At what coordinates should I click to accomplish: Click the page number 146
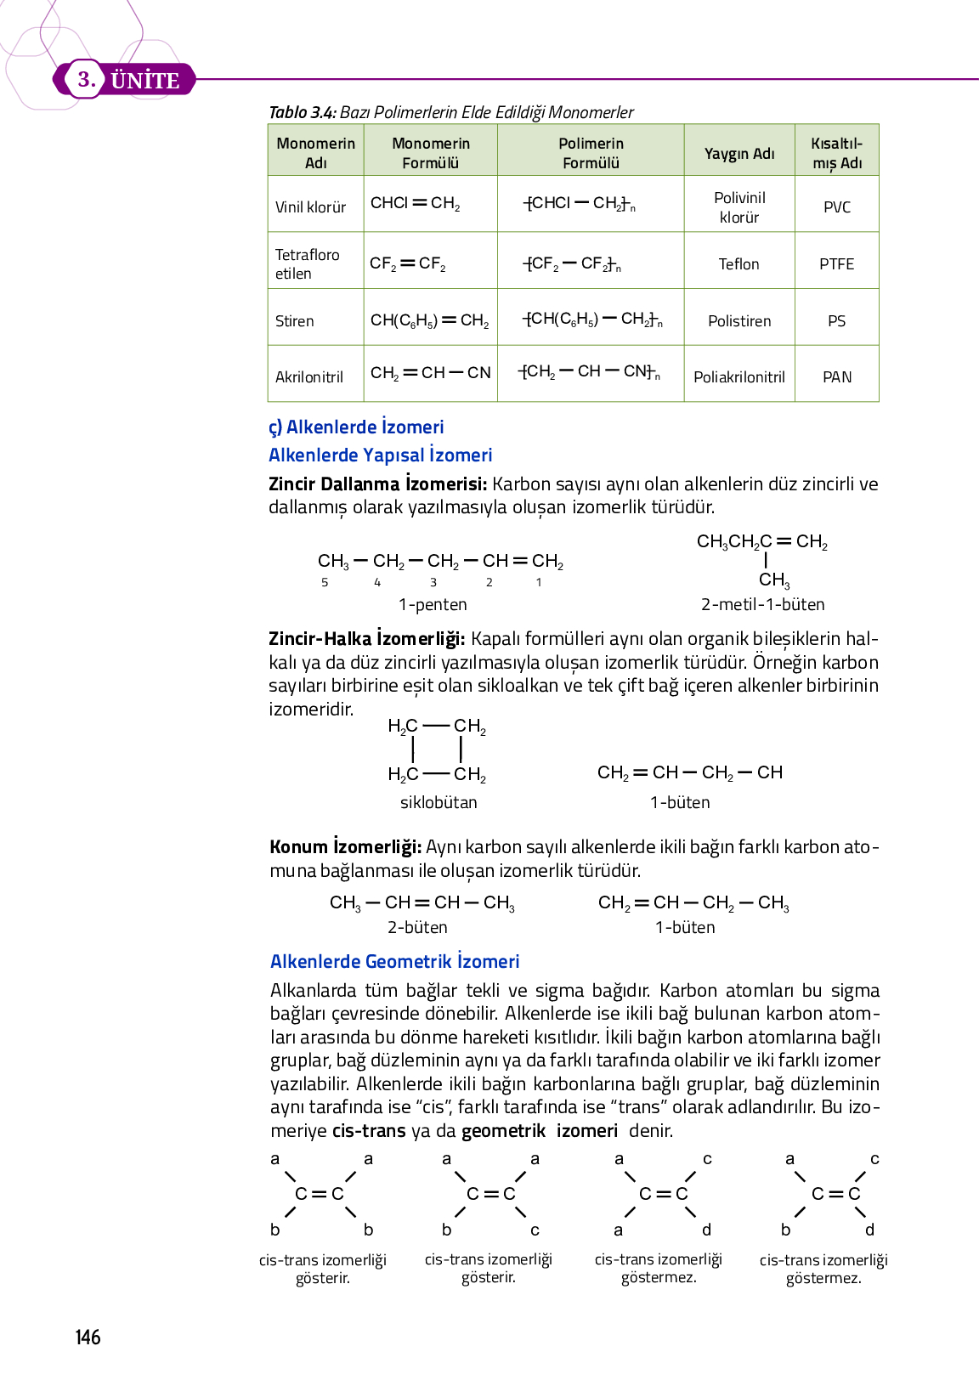(x=88, y=1338)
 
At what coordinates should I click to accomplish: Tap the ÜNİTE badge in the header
(x=144, y=80)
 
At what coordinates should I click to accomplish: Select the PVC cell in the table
(x=836, y=207)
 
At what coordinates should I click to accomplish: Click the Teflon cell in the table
(x=738, y=264)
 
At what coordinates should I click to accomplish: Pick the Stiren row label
(x=294, y=321)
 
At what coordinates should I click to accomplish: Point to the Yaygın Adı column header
(x=738, y=154)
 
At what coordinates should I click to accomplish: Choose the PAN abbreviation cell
(x=836, y=377)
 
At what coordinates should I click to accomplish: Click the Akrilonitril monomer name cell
(x=308, y=377)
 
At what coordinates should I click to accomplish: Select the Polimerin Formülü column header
(x=591, y=153)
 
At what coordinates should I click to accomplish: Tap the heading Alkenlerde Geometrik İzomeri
(x=394, y=961)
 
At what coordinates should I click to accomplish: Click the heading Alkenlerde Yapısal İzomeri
(x=380, y=455)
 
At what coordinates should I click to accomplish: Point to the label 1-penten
(x=433, y=604)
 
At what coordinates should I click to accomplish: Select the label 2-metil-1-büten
(x=762, y=604)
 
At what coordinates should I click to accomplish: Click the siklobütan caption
(x=439, y=802)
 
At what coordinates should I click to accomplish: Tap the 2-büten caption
(x=417, y=927)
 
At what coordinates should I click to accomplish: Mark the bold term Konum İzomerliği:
(x=345, y=846)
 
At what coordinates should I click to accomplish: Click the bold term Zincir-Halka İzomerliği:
(x=366, y=638)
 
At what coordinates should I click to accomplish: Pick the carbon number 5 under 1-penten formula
(x=325, y=582)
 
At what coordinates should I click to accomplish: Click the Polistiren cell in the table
(x=738, y=321)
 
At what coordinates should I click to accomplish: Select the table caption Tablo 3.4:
(x=303, y=112)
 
